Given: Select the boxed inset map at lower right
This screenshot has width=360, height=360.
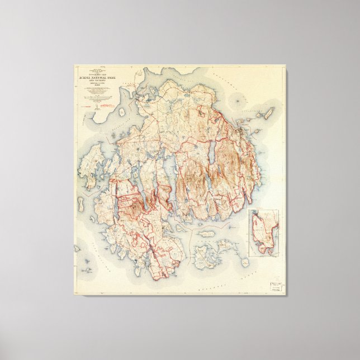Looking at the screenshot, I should (263, 233).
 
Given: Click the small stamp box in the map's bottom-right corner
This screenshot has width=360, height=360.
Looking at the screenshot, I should (276, 285).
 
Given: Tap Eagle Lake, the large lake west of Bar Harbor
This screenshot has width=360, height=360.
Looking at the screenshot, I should (212, 151).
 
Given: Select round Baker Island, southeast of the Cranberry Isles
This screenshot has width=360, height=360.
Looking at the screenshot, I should (245, 262).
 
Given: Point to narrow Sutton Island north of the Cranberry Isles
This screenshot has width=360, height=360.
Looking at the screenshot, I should (205, 234).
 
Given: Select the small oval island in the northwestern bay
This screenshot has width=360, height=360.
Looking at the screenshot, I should (121, 111).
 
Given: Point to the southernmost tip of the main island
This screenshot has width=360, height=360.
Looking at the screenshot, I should (159, 278).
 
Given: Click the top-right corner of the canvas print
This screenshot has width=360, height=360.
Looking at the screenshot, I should (286, 66).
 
